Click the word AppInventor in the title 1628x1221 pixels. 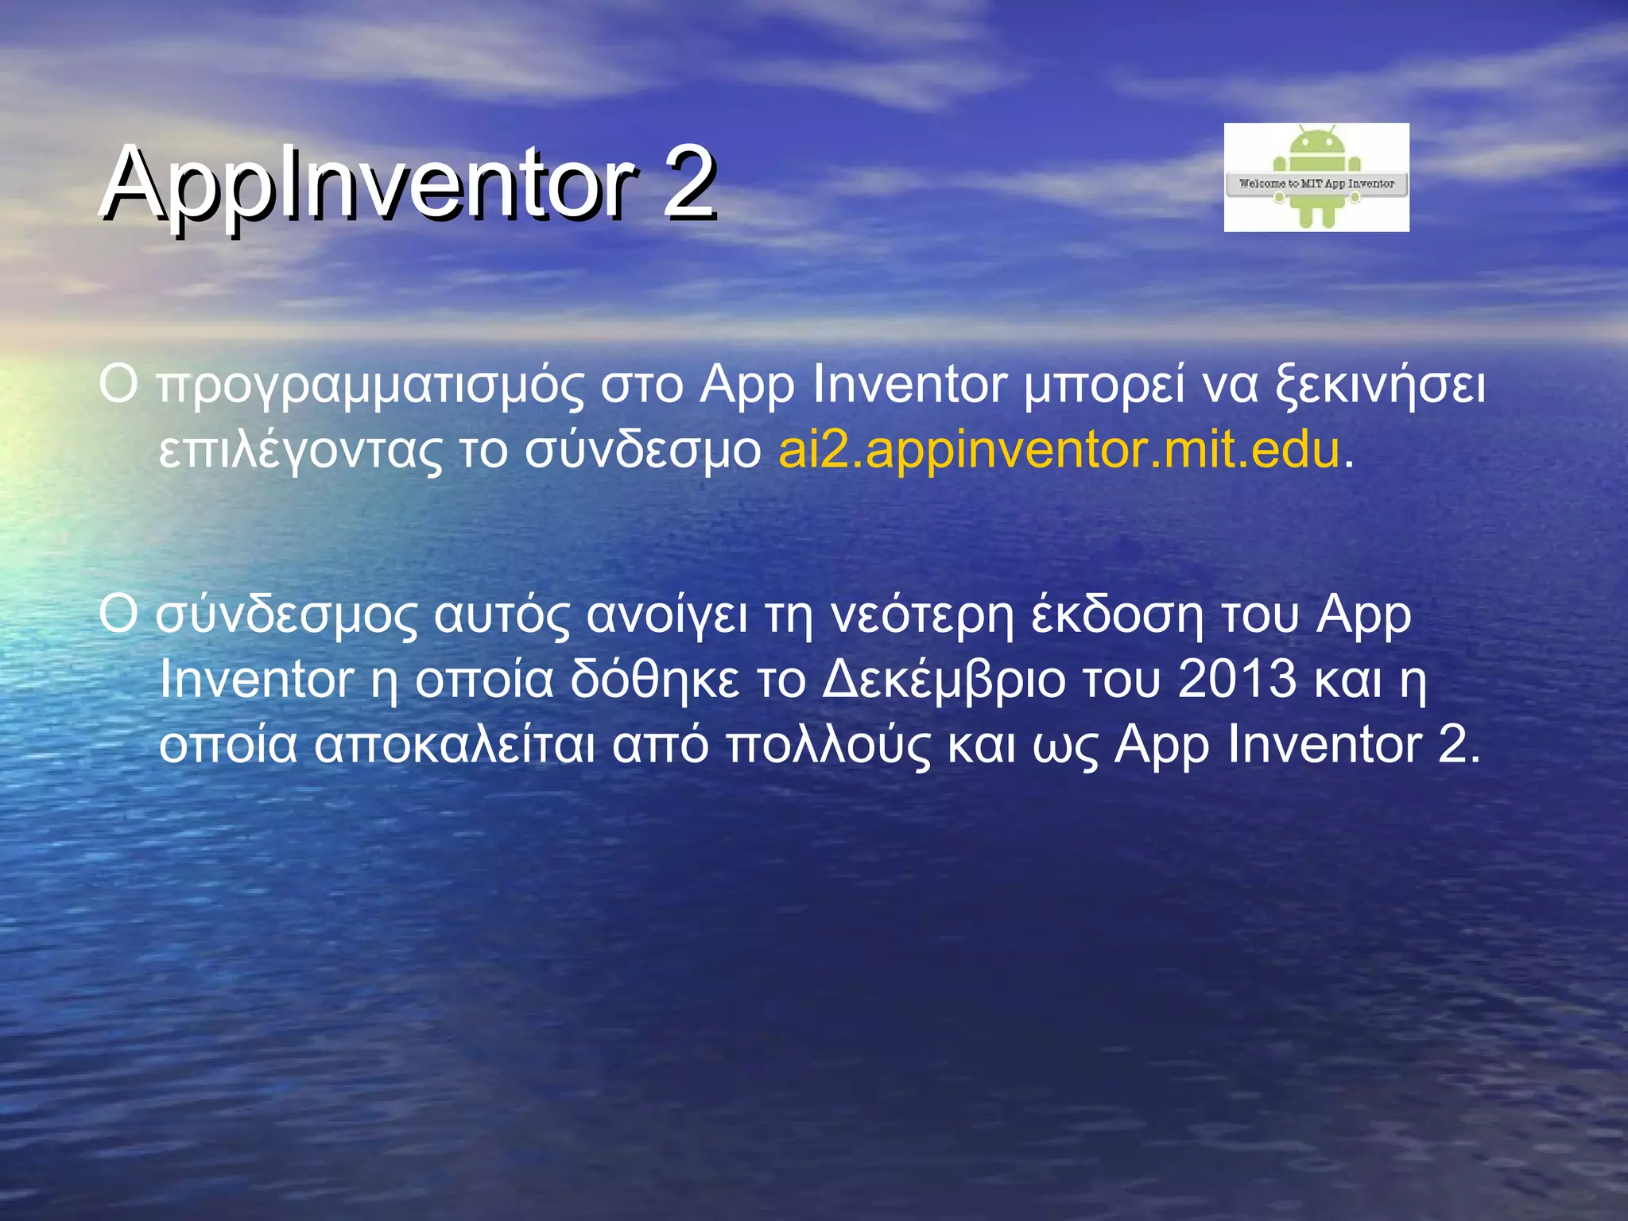[x=369, y=184]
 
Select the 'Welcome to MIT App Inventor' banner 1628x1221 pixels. [x=1316, y=184]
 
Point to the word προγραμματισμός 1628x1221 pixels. [x=370, y=386]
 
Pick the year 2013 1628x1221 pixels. [x=1237, y=679]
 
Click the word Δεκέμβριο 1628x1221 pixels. [x=944, y=680]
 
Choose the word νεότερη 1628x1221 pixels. [x=922, y=616]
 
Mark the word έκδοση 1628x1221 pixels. [x=1117, y=616]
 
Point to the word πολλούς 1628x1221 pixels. [x=827, y=746]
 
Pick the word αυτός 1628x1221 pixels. [x=501, y=616]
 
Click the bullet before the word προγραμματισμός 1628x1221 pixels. [x=118, y=385]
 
